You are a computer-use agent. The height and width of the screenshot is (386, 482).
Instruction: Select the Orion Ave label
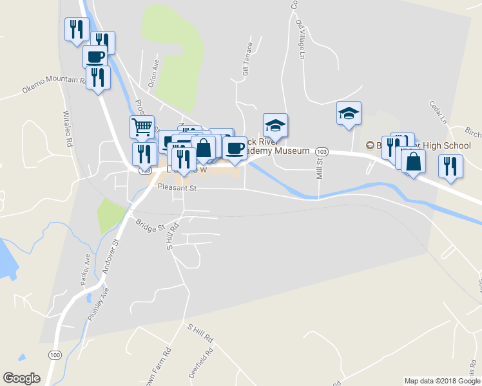coord(153,75)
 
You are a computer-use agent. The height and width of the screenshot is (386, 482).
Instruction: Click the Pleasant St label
coord(177,188)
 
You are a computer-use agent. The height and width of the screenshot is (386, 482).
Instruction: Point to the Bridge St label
coord(151,225)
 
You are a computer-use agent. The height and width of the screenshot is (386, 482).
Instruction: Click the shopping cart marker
coord(142,125)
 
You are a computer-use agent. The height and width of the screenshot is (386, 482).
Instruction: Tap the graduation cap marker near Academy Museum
coord(275,124)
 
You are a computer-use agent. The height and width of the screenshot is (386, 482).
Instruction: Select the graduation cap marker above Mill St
coord(349,113)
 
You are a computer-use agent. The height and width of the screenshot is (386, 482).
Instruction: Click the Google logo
coord(21,378)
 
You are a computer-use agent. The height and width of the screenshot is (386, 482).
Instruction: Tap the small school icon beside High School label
coord(370,145)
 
